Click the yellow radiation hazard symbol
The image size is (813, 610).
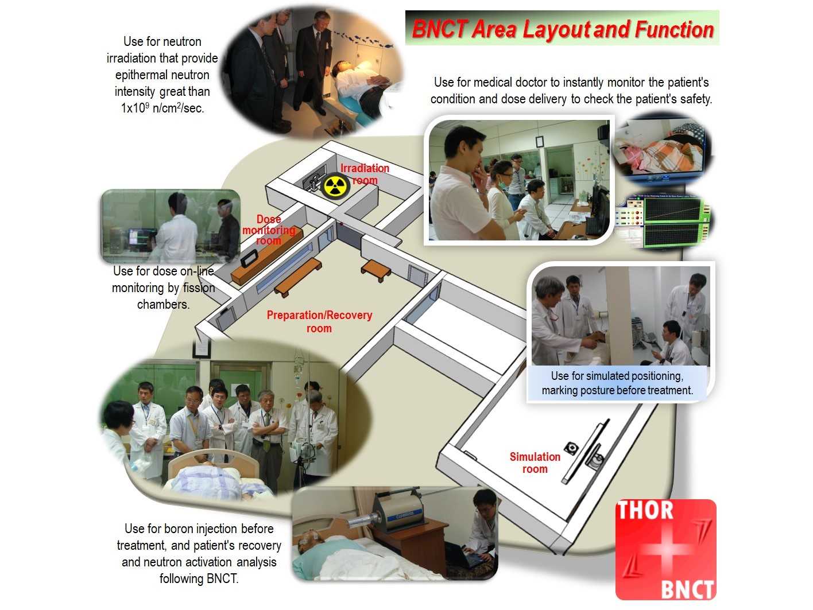[335, 187]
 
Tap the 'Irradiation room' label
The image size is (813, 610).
[365, 174]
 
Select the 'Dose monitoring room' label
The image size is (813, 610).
[269, 230]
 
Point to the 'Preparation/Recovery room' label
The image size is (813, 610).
[319, 322]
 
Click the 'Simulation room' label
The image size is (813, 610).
[535, 463]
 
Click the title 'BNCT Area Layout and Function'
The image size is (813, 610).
[563, 29]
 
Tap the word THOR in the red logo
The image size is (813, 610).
[645, 510]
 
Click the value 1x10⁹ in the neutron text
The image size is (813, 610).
[135, 108]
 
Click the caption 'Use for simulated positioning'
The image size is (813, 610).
[617, 376]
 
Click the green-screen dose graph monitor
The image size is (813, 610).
[672, 222]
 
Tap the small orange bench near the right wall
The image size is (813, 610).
[376, 270]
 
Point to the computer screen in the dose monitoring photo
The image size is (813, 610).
[137, 237]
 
